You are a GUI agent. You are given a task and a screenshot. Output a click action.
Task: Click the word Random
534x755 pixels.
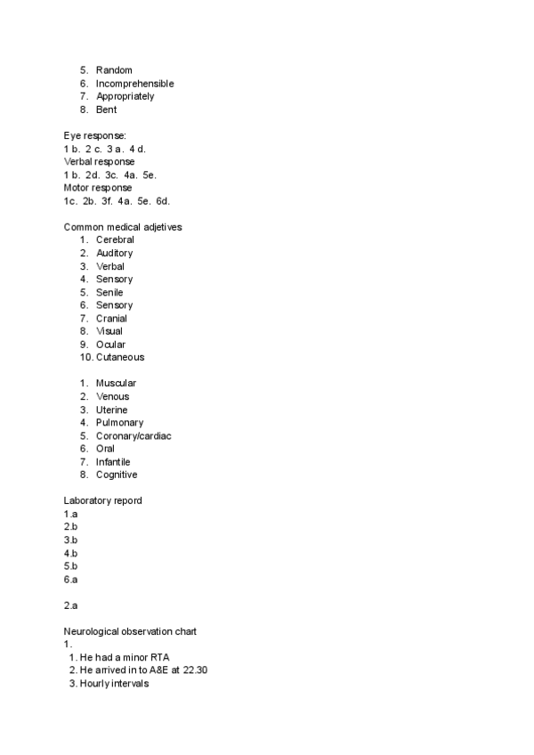click(115, 70)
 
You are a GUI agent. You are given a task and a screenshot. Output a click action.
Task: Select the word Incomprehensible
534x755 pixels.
click(134, 84)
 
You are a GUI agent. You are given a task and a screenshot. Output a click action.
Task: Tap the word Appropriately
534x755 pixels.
click(125, 96)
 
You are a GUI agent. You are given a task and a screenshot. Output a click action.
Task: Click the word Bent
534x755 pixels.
click(106, 110)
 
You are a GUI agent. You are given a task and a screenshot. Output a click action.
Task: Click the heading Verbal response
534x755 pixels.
click(100, 162)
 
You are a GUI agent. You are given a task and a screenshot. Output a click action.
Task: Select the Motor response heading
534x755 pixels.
click(98, 188)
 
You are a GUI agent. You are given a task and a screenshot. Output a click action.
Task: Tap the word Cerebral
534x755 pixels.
click(115, 240)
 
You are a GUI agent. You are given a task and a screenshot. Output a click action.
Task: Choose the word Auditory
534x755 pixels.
click(114, 253)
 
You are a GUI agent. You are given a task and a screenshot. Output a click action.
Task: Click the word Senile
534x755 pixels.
click(109, 292)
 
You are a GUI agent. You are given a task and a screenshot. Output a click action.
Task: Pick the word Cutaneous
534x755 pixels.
click(120, 357)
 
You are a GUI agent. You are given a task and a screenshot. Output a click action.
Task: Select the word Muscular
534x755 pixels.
click(116, 384)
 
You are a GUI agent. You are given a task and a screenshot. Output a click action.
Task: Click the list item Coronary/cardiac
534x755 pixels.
click(133, 436)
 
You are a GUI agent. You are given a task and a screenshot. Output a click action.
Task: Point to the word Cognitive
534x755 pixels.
click(117, 475)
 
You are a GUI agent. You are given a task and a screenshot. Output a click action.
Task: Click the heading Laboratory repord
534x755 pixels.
click(102, 500)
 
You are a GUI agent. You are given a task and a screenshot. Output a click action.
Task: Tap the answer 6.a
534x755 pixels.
click(70, 579)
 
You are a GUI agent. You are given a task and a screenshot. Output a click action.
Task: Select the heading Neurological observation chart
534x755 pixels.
click(130, 631)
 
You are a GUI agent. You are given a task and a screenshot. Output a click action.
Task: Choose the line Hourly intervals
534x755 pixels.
click(114, 684)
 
